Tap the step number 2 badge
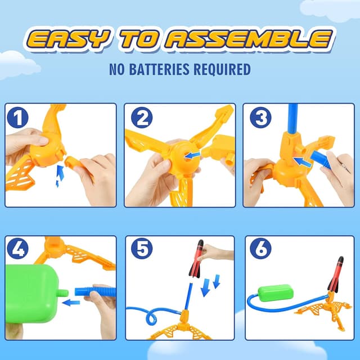141,118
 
